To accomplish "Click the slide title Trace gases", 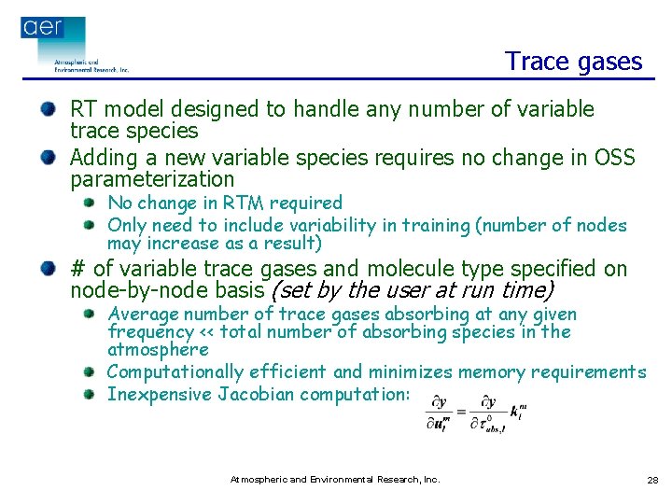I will tap(573, 62).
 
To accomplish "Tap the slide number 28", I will tap(651, 480).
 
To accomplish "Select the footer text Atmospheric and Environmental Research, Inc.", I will tap(335, 479).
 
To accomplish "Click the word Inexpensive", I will tap(160, 394).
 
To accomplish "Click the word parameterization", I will tap(152, 179).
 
